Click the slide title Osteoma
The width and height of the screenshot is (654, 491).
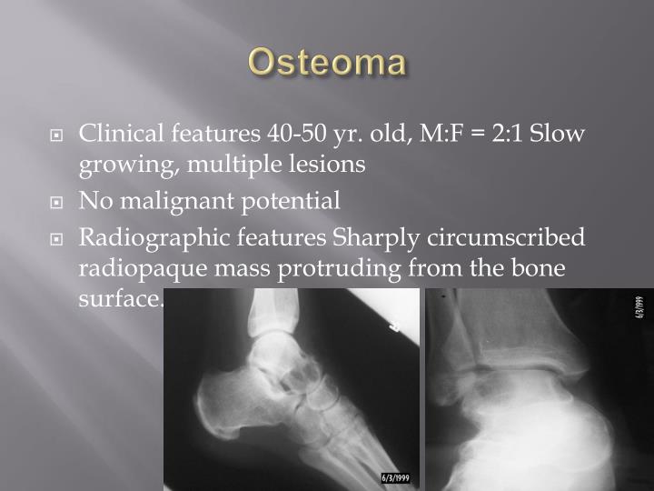coord(327,62)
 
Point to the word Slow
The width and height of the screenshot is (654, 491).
coord(558,135)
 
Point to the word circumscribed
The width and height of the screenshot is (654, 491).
coord(509,238)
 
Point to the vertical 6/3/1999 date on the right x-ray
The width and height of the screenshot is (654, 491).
coord(639,307)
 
